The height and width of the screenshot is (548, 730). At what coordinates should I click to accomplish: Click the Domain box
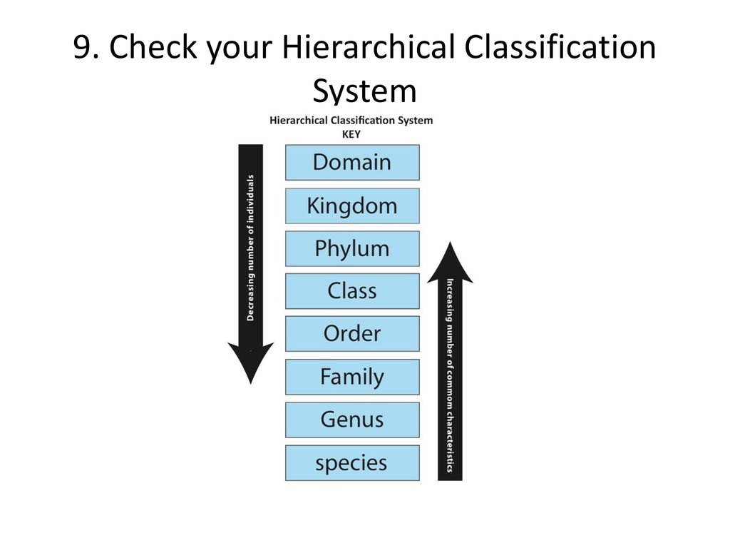[352, 163]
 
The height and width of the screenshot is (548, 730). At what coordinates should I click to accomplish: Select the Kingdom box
[352, 206]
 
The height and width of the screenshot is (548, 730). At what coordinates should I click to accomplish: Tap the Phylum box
[352, 249]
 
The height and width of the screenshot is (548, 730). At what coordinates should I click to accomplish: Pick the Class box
[352, 291]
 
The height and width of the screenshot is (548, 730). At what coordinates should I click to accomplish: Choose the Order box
[352, 334]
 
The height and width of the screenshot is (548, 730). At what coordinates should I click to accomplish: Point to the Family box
[352, 377]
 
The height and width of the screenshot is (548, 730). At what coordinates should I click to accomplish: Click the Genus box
[352, 420]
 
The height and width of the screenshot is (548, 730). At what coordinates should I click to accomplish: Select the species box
[352, 463]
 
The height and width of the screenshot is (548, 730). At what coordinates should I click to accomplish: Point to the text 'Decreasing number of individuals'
[250, 248]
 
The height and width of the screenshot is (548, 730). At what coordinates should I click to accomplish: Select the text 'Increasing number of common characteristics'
[451, 375]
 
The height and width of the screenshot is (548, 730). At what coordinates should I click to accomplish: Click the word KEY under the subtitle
[351, 134]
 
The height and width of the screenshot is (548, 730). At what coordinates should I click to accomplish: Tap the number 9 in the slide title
[83, 47]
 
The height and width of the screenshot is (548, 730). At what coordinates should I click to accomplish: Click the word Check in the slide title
[153, 47]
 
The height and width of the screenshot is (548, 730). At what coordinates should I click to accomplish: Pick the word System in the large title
[364, 91]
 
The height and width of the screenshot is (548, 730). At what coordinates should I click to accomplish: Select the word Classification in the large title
[560, 46]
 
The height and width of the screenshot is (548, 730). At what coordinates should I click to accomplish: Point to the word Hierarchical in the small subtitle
[299, 120]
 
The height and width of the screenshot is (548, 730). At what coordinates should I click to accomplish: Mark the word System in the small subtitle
[415, 121]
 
